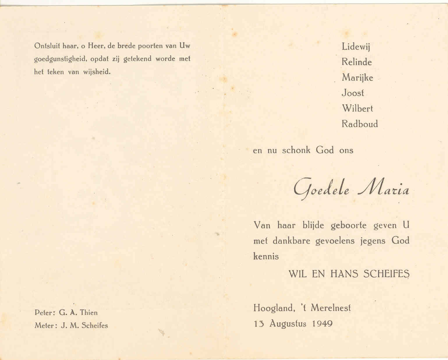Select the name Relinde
point(357,62)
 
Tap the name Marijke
point(357,78)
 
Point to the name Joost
point(353,93)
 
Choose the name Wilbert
point(357,109)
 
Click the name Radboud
point(360,124)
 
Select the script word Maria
point(384,190)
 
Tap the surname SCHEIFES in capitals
point(386,274)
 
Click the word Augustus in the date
point(288,324)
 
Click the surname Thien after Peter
point(88,313)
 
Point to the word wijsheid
point(97,72)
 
